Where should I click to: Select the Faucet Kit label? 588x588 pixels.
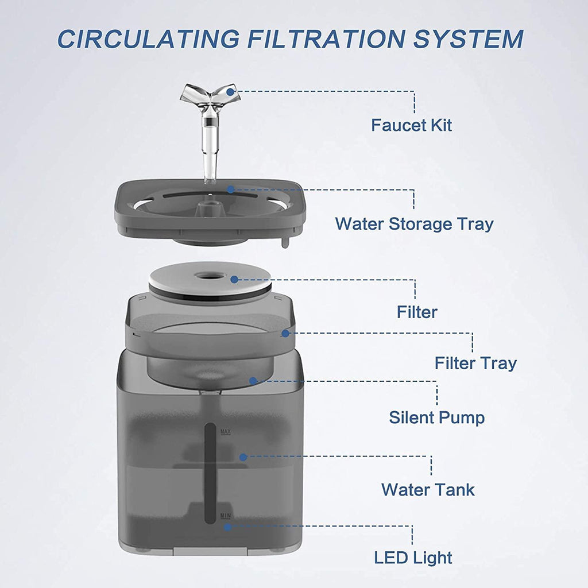click(411, 125)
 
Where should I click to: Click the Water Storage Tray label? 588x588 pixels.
click(414, 223)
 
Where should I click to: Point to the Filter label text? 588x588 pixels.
click(417, 312)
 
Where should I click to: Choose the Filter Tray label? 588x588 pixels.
click(475, 363)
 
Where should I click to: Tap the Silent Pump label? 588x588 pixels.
click(437, 417)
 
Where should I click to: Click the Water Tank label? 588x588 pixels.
click(428, 490)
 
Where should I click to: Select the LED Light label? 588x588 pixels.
click(413, 558)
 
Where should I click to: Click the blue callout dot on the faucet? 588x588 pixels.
click(230, 91)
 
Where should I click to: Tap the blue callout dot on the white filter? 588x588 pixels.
click(234, 280)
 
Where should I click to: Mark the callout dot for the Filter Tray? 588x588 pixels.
click(285, 332)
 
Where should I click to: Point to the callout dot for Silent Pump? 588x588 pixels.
click(253, 380)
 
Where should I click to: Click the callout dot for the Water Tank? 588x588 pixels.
click(243, 457)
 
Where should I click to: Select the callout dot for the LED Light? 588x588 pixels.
click(228, 526)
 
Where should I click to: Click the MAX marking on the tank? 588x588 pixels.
click(226, 431)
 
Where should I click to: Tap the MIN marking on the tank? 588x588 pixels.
click(226, 516)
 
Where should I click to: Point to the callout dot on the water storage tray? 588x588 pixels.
click(230, 189)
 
